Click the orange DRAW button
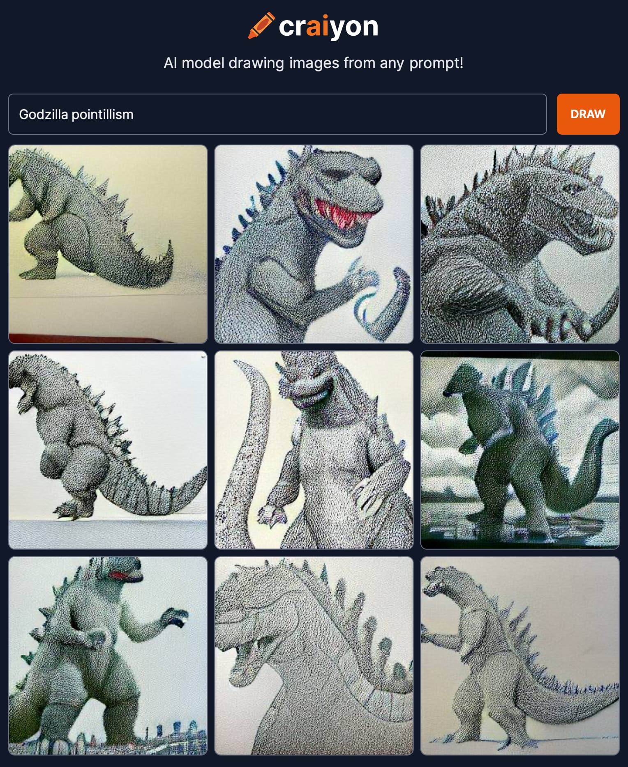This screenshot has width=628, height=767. click(x=588, y=114)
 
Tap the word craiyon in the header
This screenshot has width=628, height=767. click(x=328, y=27)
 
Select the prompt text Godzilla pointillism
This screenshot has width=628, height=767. click(x=76, y=115)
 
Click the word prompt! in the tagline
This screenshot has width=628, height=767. click(x=436, y=63)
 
